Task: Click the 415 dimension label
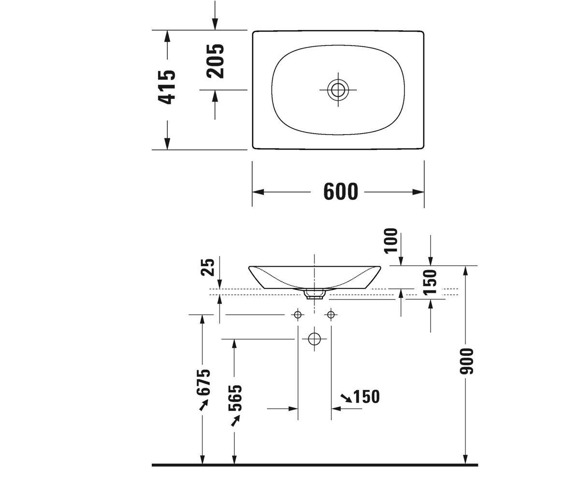[167, 87]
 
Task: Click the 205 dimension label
[215, 61]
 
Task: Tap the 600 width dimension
[341, 192]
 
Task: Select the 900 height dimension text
[466, 361]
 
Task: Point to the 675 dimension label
[203, 382]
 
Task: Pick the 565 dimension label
[235, 398]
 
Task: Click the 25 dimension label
[208, 267]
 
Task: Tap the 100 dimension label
[391, 241]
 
